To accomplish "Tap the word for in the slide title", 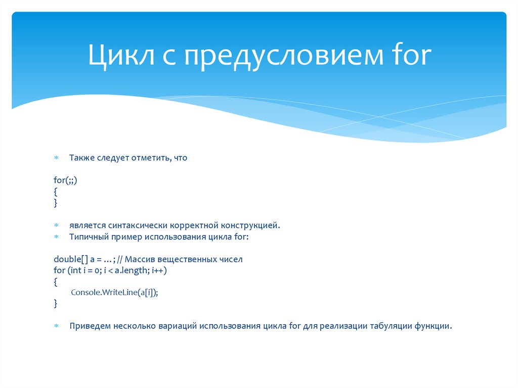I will pos(410,56).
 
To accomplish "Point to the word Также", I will pos(81,158).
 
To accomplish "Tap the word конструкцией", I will pos(249,225).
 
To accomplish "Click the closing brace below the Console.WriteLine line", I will pos(56,304).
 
